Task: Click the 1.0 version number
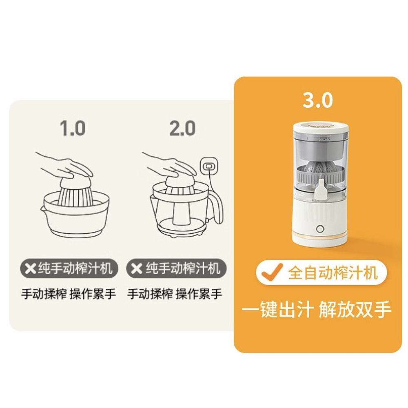73,128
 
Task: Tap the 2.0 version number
182,128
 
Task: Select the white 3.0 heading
318,100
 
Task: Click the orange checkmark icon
272,272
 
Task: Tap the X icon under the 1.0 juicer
31,268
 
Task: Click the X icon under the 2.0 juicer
137,268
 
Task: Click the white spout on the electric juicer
321,191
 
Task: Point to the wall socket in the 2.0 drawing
208,166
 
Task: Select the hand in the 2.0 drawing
171,165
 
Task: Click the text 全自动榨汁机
333,273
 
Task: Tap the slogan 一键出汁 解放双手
317,309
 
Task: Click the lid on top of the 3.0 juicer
321,127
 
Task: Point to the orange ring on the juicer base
320,236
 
